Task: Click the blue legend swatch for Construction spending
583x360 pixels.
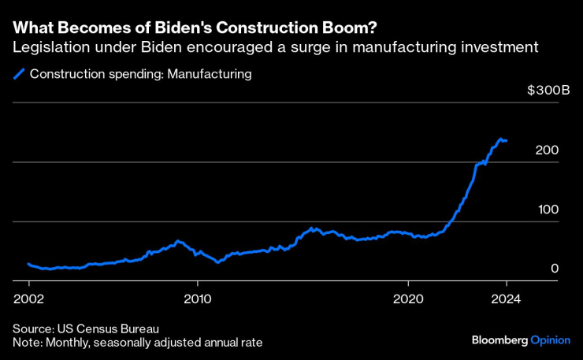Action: pyautogui.click(x=19, y=75)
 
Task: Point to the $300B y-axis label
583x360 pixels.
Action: pyautogui.click(x=548, y=91)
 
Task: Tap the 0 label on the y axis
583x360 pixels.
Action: pyautogui.click(x=555, y=269)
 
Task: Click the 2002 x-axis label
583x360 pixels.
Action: pyautogui.click(x=29, y=299)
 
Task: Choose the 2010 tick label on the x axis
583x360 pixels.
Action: pyautogui.click(x=198, y=299)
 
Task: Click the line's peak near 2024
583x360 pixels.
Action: pyautogui.click(x=500, y=139)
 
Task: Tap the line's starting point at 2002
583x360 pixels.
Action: pyautogui.click(x=28, y=264)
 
